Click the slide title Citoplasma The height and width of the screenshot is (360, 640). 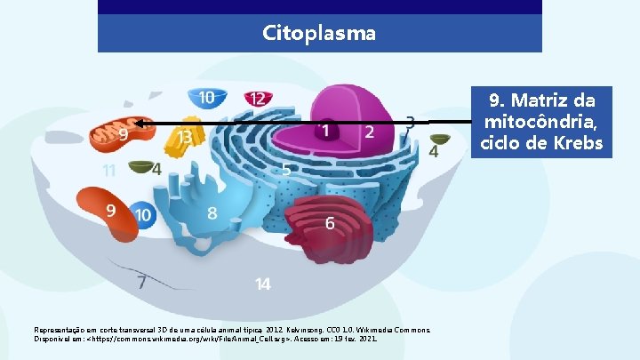319,34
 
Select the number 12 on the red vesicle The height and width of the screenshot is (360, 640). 257,99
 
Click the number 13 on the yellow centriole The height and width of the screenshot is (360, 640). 185,138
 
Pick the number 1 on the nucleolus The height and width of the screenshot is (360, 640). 326,132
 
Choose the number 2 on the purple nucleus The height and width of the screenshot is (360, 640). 370,132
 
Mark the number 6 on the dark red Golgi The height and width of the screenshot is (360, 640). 330,223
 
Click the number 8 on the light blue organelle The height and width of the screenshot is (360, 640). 212,213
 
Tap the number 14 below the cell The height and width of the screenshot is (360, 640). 263,284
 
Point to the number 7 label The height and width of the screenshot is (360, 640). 140,282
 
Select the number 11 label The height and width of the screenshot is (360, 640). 108,170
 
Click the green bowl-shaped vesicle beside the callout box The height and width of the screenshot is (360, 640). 440,139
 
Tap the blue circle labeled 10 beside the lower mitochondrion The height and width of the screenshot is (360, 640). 142,214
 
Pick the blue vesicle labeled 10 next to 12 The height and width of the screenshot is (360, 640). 205,97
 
